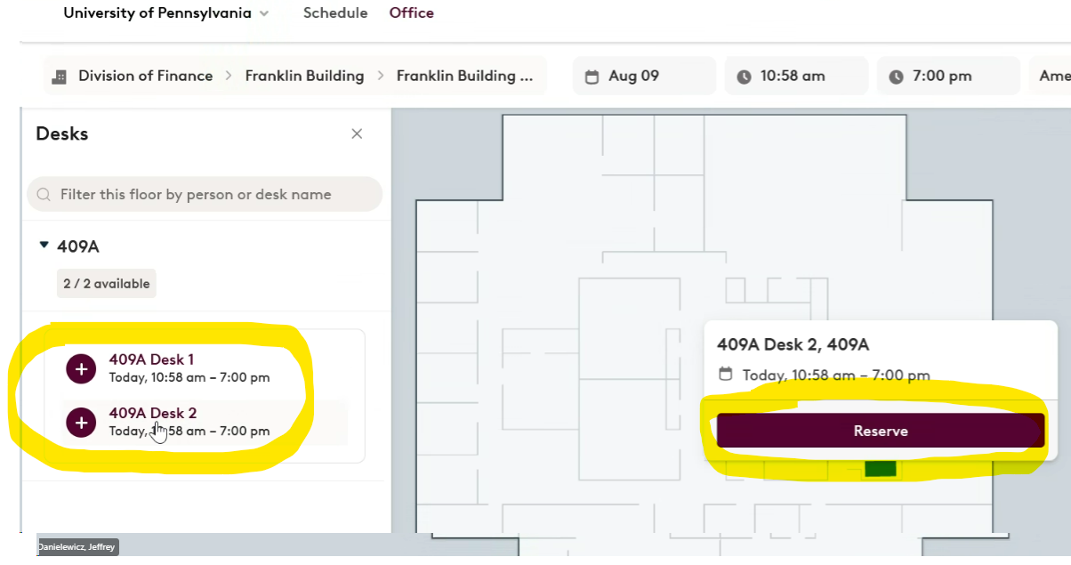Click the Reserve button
tap(880, 431)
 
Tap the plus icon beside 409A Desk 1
tap(81, 368)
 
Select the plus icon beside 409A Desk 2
tap(81, 422)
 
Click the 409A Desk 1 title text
tap(151, 359)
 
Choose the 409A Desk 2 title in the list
tap(153, 413)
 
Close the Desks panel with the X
tap(357, 134)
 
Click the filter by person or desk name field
tap(205, 194)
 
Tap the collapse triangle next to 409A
tap(44, 246)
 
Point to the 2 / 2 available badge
tap(107, 284)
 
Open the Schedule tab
tap(335, 13)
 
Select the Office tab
tap(412, 13)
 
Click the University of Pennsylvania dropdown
tap(166, 13)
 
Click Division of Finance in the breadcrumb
tap(144, 77)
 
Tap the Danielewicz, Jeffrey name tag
tap(77, 547)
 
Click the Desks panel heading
tap(62, 134)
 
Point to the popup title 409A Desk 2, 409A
tap(793, 344)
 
